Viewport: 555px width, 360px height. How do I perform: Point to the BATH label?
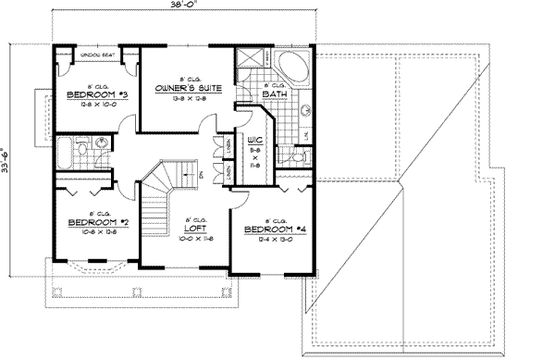point(272,94)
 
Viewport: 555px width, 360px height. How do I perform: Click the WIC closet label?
point(252,142)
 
